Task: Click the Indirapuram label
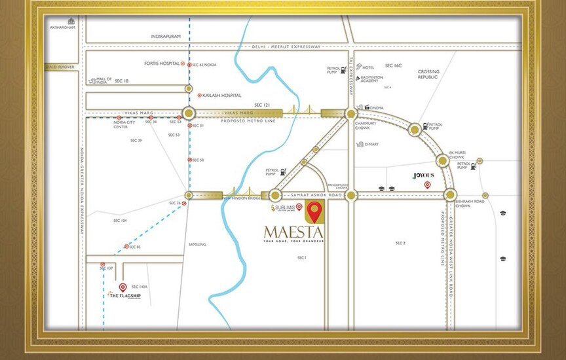[165, 37]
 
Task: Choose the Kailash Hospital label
[222, 95]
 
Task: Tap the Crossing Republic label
[429, 74]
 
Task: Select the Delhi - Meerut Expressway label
[286, 46]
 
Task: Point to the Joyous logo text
[423, 175]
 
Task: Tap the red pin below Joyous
[427, 185]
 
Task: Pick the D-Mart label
[371, 144]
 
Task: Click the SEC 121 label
[262, 105]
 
